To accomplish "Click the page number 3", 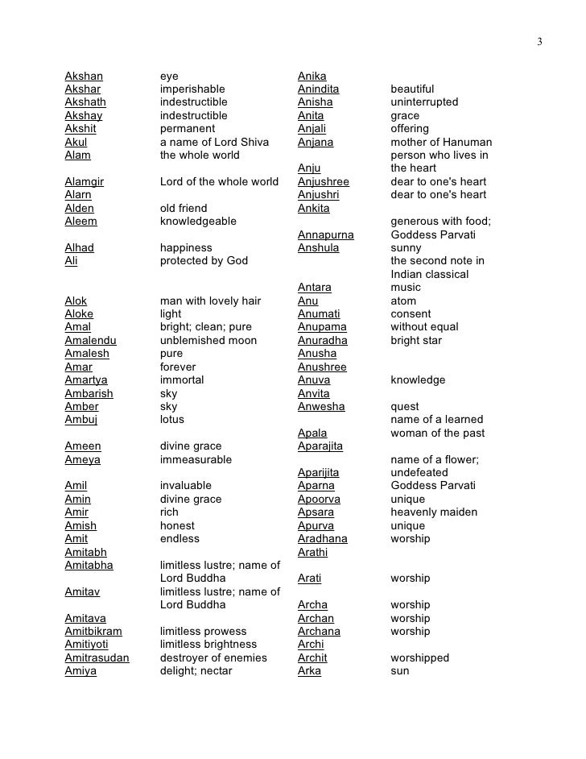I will [x=540, y=41].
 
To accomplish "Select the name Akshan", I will [x=84, y=77].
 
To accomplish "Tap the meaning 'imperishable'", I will [x=192, y=89].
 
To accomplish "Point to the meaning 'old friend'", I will [x=184, y=209].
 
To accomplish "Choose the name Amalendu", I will [x=90, y=341].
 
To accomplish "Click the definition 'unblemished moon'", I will [x=208, y=341].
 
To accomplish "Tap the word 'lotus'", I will [x=172, y=420].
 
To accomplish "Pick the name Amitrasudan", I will [x=97, y=658].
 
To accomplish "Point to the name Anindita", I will [x=318, y=89].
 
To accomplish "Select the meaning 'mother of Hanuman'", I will [x=441, y=143].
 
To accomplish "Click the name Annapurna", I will [x=326, y=235].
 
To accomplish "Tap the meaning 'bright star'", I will [x=416, y=341].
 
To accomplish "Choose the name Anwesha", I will [x=321, y=407].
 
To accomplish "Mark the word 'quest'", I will [x=405, y=407].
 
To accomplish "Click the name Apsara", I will [x=316, y=512].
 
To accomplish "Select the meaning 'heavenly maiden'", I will [x=434, y=512].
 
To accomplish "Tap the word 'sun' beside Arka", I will [x=400, y=671].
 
